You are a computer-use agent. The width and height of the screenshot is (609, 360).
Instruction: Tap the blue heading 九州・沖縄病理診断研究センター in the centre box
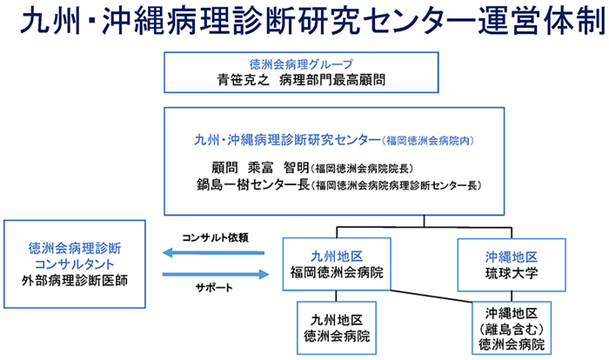point(287,140)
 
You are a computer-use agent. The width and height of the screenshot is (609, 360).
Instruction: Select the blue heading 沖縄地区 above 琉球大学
point(512,257)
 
